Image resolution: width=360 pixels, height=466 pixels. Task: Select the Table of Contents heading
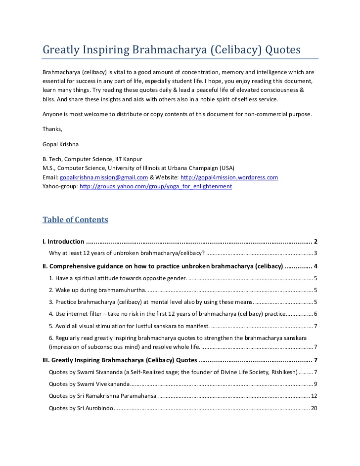click(x=75, y=219)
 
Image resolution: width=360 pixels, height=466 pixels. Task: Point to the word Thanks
click(x=52, y=129)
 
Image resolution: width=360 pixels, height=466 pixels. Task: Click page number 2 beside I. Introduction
click(x=315, y=242)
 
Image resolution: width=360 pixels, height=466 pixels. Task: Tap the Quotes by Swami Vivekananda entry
click(x=90, y=384)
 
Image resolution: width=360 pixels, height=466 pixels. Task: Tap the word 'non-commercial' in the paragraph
click(x=257, y=114)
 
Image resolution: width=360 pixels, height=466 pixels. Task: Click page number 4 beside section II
click(x=315, y=266)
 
